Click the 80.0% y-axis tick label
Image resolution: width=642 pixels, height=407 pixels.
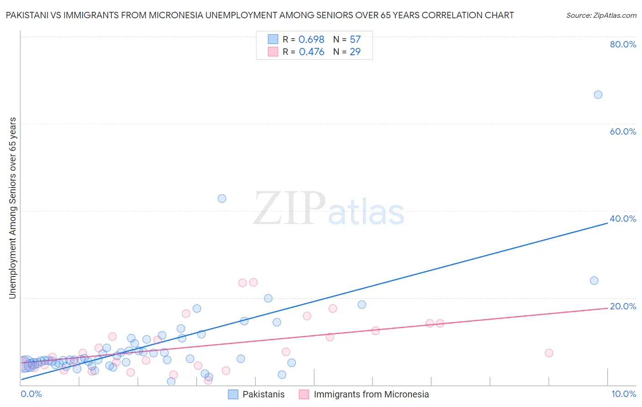coord(623,44)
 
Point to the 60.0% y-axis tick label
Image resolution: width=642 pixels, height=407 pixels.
coord(623,131)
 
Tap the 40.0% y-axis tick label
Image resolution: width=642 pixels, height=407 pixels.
coord(623,219)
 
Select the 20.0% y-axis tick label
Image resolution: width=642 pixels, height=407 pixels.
coord(623,306)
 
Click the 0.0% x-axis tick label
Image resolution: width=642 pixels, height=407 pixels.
coord(31,394)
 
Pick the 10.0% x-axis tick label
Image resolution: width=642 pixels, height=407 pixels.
coord(623,394)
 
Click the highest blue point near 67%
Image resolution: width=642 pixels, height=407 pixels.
coord(598,94)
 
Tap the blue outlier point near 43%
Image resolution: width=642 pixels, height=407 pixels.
coord(222,198)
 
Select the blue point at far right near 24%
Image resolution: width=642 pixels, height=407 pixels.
coord(594,281)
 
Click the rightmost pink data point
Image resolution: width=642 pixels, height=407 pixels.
coord(549,353)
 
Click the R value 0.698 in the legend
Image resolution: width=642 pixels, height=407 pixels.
coord(311,40)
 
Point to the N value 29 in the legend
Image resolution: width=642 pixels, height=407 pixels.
coord(355,52)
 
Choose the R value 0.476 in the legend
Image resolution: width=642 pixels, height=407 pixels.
coord(311,52)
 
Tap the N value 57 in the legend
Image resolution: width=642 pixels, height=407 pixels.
coord(355,40)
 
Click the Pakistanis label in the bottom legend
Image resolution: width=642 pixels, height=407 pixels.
coord(263,394)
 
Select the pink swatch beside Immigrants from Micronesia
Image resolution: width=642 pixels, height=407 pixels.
coord(304,394)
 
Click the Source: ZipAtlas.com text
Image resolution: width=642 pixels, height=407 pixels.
coord(601,15)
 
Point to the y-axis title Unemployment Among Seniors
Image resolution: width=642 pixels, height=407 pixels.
coord(13,208)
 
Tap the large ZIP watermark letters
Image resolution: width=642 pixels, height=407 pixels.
coord(289,209)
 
